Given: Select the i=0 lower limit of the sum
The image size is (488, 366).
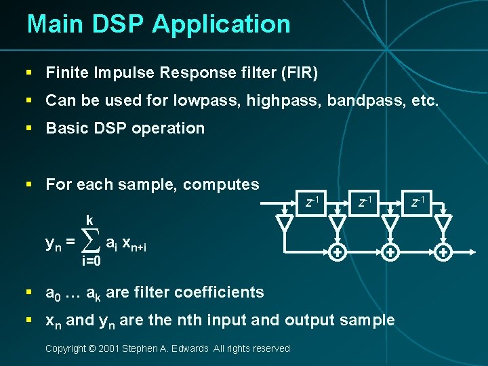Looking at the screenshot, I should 91,261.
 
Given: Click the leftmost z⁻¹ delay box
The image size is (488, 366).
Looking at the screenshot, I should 312,202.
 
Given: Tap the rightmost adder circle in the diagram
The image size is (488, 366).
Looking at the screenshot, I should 443,252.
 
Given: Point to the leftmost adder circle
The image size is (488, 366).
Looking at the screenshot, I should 336,252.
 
